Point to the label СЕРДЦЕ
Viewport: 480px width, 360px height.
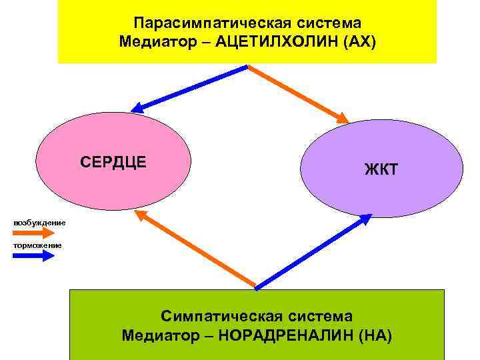113,162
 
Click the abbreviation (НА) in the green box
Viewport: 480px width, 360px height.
375,335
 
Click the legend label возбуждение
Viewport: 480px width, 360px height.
39,222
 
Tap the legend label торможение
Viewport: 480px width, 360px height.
37,245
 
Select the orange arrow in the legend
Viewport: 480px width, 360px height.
33,233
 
